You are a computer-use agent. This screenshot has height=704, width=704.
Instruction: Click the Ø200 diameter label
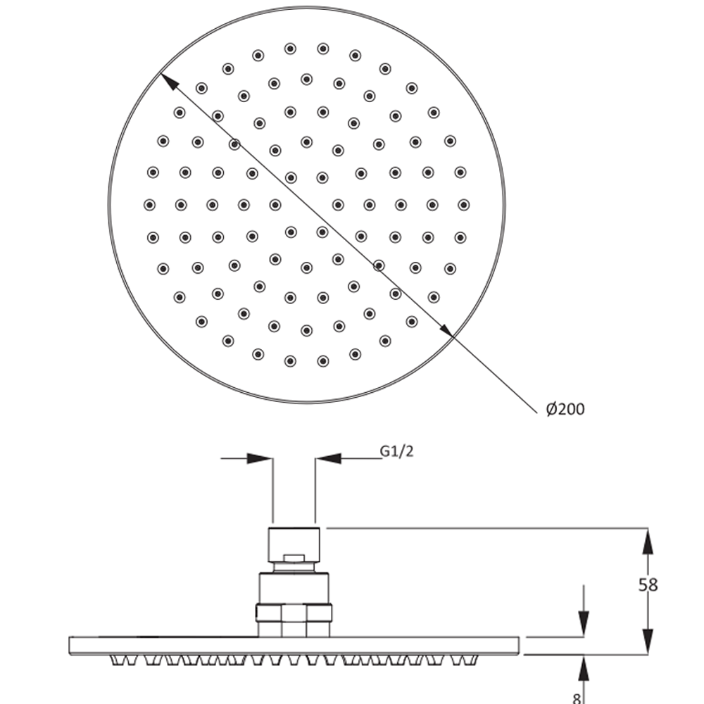tap(565, 409)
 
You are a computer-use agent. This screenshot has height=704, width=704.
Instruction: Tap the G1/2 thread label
tap(396, 451)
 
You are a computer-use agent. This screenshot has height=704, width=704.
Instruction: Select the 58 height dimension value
tap(648, 585)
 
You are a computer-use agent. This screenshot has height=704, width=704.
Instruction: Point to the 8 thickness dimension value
tap(577, 698)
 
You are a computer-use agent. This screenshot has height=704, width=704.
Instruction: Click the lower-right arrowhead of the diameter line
tap(445, 328)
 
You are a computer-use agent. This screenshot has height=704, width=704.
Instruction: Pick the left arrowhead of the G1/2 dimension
tap(260, 458)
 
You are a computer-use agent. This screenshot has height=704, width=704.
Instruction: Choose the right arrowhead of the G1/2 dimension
tap(328, 458)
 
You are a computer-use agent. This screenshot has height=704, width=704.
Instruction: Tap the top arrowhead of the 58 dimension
tap(648, 541)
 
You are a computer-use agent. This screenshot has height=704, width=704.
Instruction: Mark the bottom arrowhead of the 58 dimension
tap(648, 641)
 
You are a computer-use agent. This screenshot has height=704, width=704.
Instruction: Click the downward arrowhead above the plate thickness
tap(583, 624)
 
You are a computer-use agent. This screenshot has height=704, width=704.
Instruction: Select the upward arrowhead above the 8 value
tap(583, 668)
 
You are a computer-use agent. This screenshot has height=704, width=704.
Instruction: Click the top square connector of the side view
tap(294, 544)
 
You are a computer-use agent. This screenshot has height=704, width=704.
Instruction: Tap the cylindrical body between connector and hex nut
tap(294, 588)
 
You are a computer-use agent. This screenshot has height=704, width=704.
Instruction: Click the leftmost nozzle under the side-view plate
tap(116, 660)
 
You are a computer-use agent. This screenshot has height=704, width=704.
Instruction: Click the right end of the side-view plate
tap(519, 646)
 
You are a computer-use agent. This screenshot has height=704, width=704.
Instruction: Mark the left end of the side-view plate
tap(70, 646)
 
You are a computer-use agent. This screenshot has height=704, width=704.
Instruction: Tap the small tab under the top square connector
tap(294, 558)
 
